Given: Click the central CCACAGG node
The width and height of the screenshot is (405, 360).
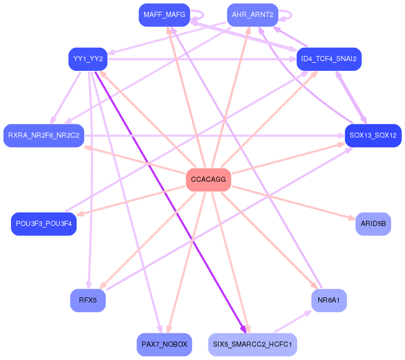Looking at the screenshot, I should pos(208,180).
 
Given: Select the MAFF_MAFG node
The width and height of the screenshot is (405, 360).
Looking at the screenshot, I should pos(164,15).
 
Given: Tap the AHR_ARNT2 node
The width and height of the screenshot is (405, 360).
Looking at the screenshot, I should pos(253,15).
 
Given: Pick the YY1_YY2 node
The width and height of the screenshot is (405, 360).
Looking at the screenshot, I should pos(88,59).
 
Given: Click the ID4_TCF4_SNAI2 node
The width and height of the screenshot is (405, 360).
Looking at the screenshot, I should pos(329,59).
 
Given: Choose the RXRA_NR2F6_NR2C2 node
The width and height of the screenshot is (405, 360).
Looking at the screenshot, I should pos(44,136).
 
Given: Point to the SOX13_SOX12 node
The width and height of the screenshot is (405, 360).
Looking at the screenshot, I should pos(373,136).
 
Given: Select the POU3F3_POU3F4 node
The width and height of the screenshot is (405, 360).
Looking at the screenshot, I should pos(44,224).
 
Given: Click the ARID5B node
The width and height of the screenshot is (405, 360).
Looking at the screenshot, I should pos(373,224).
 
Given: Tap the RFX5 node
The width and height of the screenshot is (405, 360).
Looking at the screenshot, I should pos(88,300).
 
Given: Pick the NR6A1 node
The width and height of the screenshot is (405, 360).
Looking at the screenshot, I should pos(329,300).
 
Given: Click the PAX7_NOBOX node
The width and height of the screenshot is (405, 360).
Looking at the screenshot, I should pos(164,344).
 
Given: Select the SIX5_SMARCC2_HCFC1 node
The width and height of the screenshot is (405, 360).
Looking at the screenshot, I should pos(253,344).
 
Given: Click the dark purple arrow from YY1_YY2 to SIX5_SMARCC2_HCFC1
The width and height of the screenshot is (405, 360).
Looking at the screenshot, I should pos(169,200).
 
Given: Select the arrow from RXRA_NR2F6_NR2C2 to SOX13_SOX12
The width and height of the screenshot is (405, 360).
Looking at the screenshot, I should pos(216,136).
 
